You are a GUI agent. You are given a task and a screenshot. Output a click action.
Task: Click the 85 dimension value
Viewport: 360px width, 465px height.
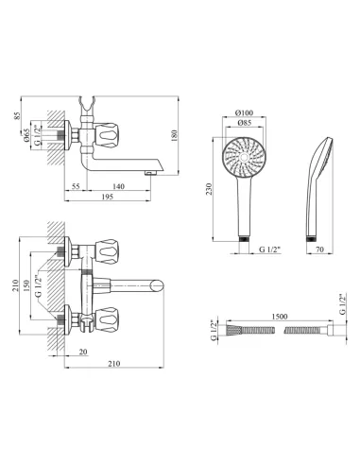tap(18, 115)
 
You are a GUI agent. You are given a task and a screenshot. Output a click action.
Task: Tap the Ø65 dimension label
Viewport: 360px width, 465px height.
tap(26, 135)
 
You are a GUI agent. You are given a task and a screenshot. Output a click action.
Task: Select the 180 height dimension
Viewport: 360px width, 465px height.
tap(175, 135)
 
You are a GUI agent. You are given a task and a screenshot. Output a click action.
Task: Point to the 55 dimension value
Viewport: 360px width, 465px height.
tap(76, 186)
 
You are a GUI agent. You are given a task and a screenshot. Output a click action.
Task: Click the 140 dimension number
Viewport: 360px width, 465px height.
tap(118, 186)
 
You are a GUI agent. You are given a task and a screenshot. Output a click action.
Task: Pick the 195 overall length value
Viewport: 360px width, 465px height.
tap(108, 197)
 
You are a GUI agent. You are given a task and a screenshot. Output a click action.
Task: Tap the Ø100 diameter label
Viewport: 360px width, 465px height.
tap(244, 112)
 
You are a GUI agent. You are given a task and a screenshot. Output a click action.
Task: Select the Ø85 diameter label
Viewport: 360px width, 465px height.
tap(244, 123)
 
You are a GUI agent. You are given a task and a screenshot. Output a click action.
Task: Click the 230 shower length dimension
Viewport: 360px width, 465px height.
tap(209, 189)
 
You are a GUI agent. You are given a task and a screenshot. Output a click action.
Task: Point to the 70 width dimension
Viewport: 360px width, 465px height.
tap(319, 250)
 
